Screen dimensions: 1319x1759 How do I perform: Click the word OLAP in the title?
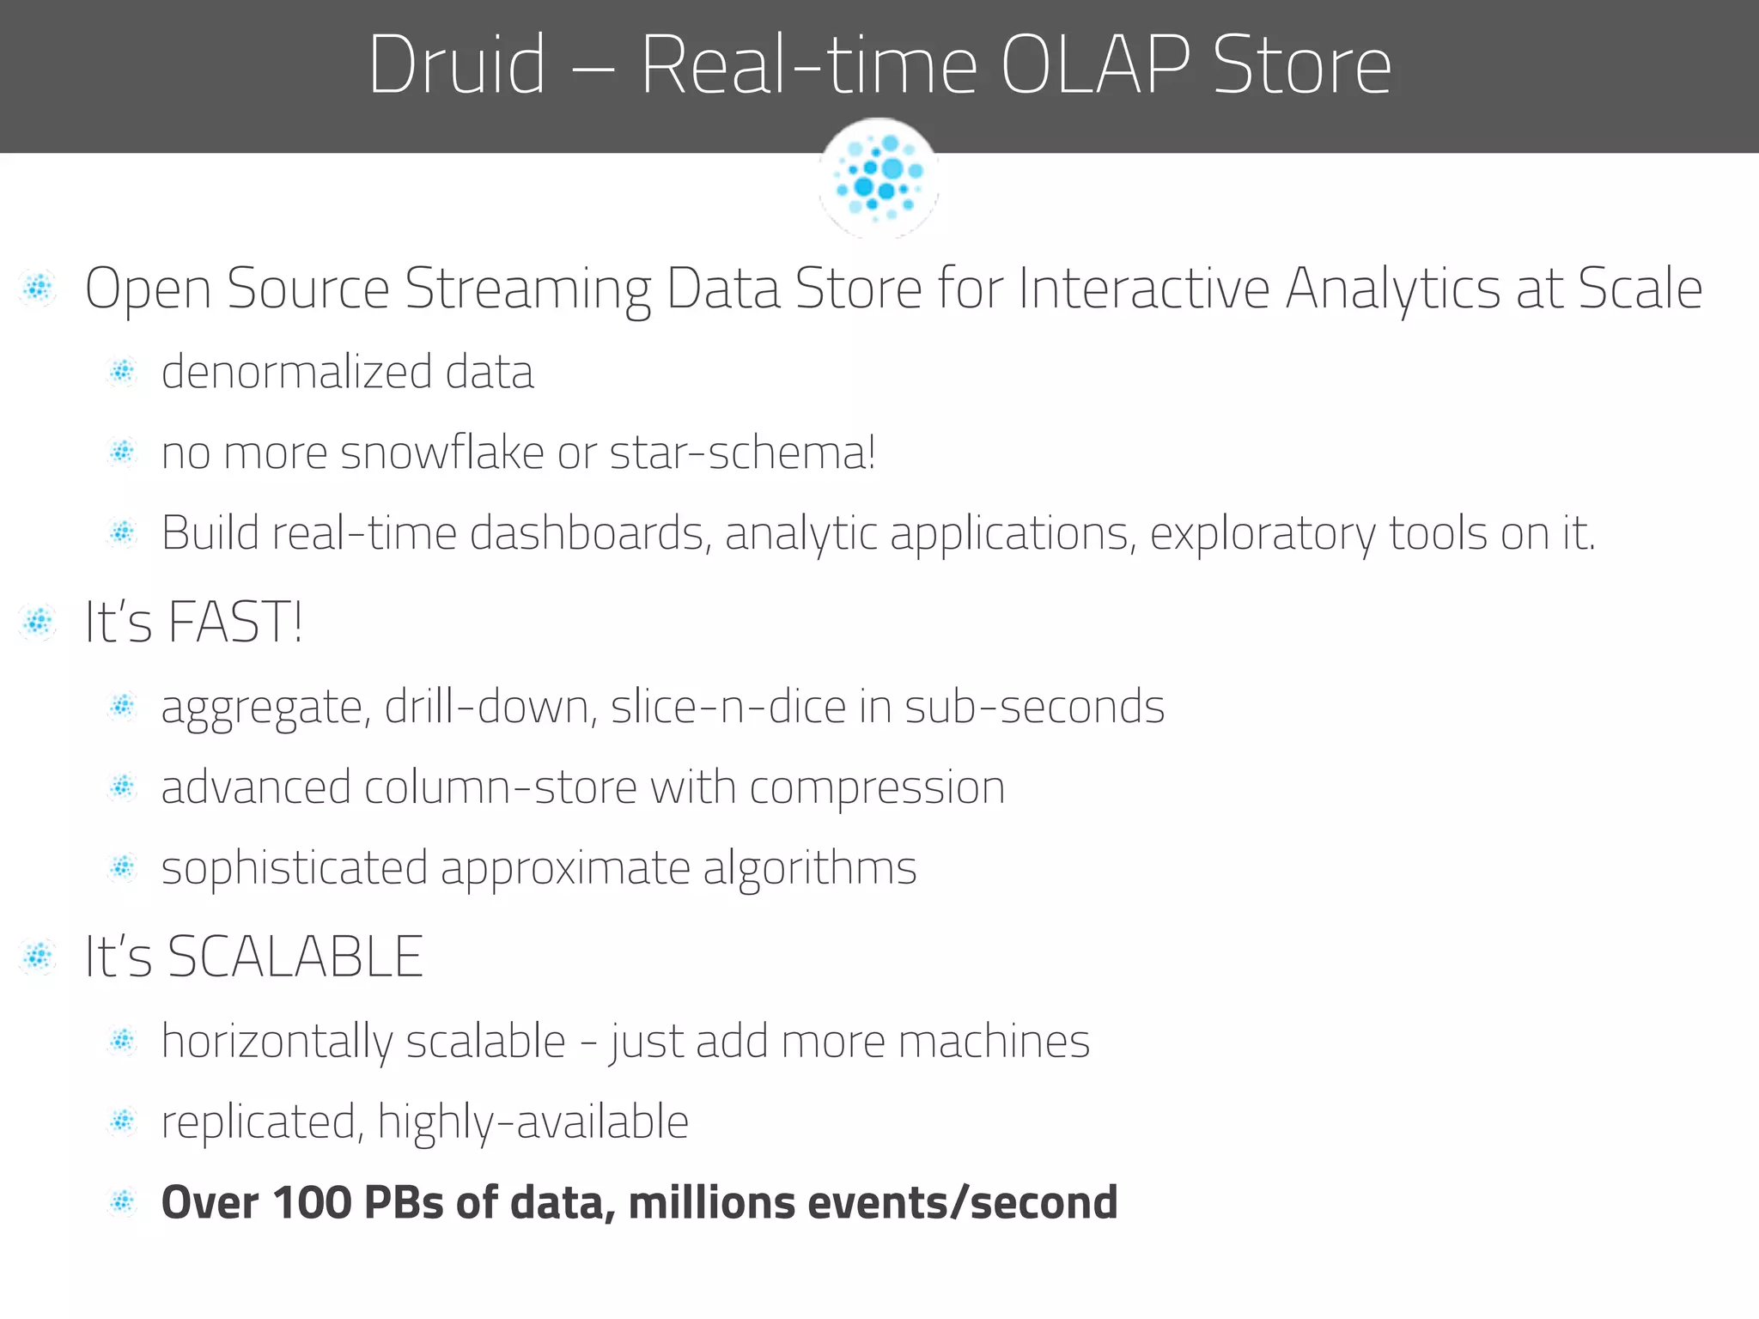tap(1095, 65)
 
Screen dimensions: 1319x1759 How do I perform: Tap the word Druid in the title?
tap(457, 65)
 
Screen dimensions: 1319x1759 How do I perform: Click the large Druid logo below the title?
tap(879, 178)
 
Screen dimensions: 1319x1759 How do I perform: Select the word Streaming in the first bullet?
tap(527, 290)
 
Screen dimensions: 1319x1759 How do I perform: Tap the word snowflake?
tap(442, 453)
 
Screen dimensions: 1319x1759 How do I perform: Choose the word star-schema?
tap(743, 453)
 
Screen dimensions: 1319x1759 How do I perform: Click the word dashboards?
tap(591, 533)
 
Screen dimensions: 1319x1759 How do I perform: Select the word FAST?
tap(235, 622)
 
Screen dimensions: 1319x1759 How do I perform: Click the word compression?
tap(877, 788)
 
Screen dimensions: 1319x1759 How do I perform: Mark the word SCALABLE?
tap(295, 957)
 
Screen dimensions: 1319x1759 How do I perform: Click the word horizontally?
tap(277, 1042)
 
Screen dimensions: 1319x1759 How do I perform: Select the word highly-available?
tap(533, 1122)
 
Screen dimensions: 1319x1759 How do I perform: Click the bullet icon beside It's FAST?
tap(38, 622)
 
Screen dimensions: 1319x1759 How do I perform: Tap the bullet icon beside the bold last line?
tap(123, 1202)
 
